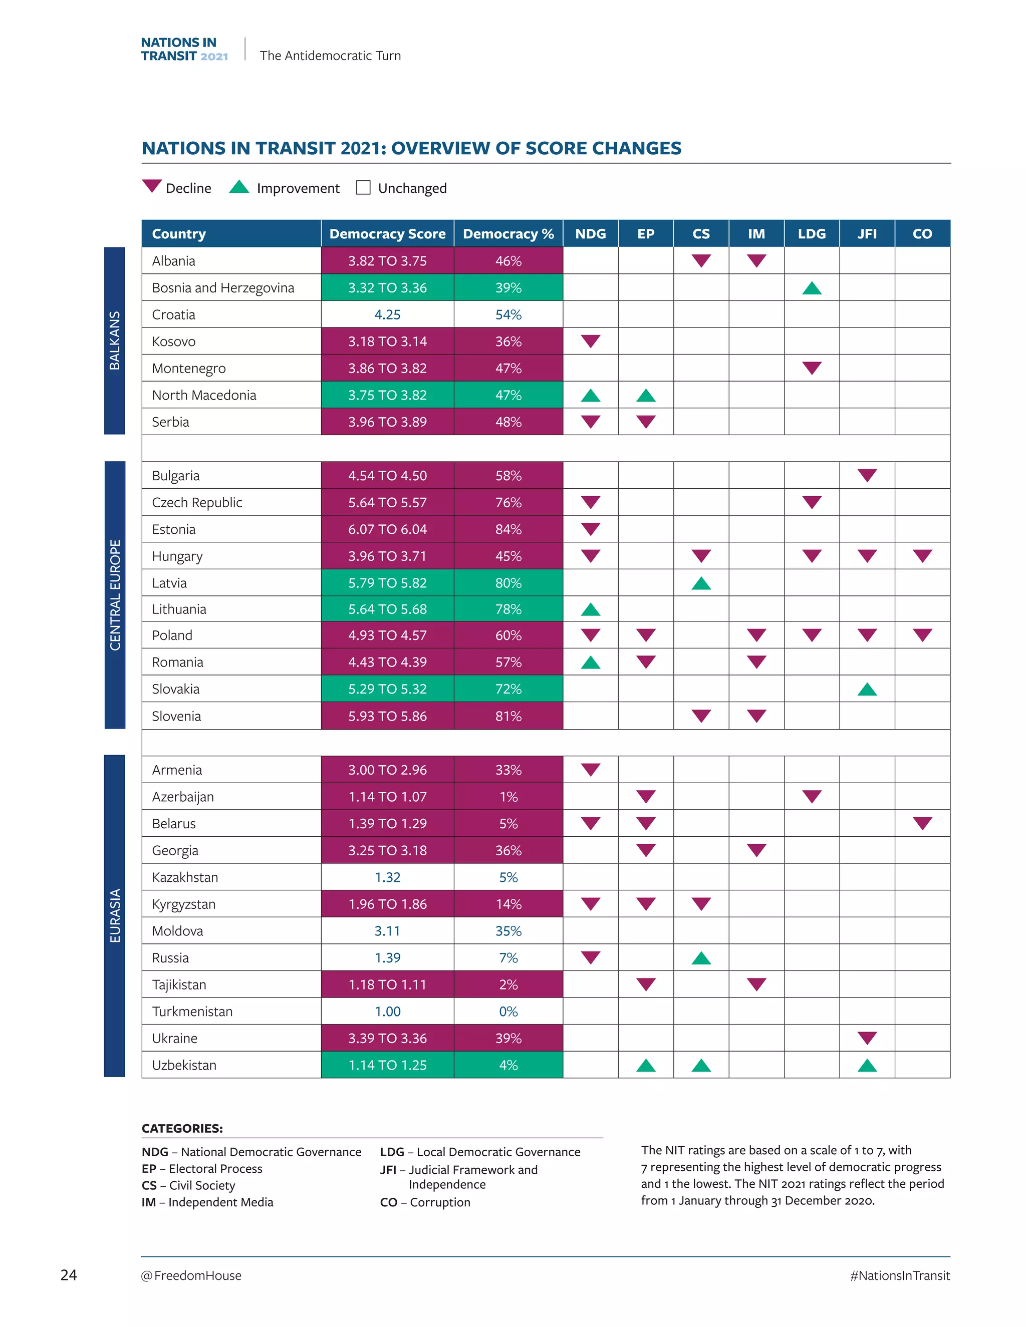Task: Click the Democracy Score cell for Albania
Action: click(387, 261)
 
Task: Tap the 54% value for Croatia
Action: click(508, 315)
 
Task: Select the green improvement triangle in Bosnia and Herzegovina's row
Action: click(812, 288)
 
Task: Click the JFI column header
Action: click(867, 234)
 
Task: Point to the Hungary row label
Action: click(177, 556)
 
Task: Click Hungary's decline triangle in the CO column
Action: click(922, 555)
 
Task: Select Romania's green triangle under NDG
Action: click(590, 663)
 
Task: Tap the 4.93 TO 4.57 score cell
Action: click(387, 635)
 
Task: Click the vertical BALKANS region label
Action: click(114, 340)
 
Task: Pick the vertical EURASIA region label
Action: click(114, 915)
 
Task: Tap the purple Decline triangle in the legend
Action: click(151, 186)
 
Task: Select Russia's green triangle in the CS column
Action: click(701, 958)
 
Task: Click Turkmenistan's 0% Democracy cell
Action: click(508, 1012)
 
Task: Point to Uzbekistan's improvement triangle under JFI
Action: click(867, 1066)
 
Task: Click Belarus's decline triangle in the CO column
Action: click(922, 823)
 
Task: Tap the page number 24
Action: click(69, 1275)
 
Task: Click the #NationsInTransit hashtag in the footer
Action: click(900, 1275)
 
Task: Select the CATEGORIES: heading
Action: click(182, 1128)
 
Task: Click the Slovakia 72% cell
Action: click(508, 689)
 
